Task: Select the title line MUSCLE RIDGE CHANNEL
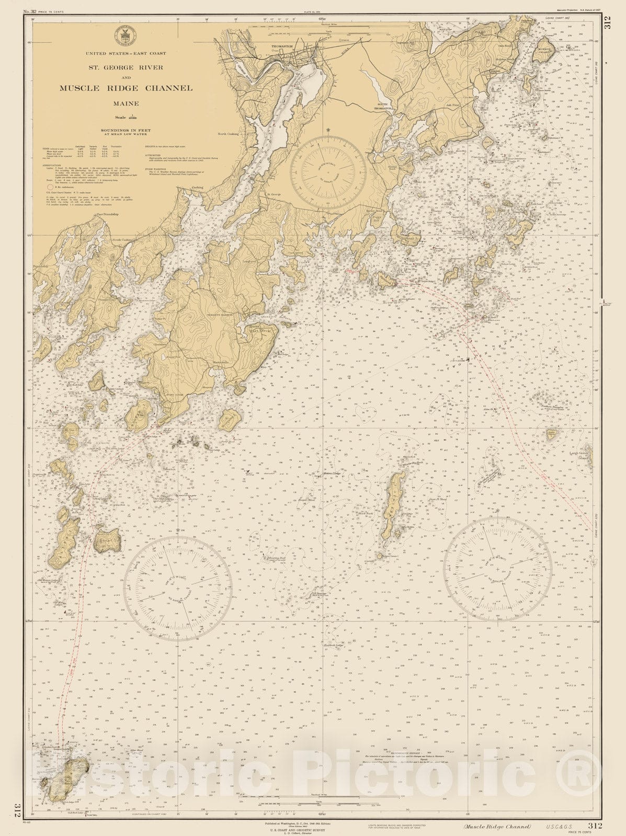click(x=126, y=88)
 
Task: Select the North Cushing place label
click(x=228, y=134)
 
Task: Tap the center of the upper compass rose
click(x=328, y=169)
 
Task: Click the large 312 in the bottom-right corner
click(x=595, y=826)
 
